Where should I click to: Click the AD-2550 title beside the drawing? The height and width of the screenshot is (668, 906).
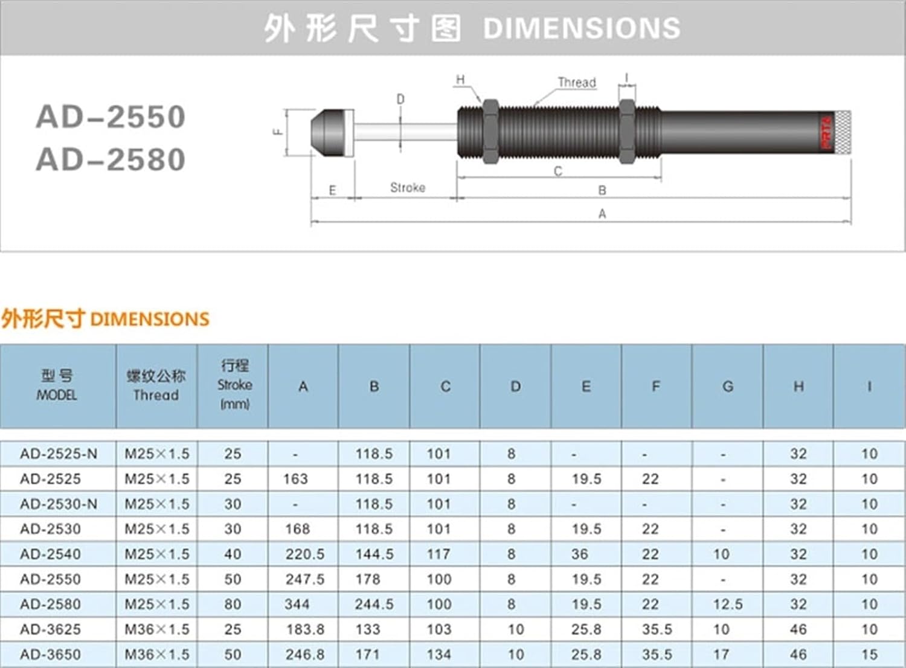pos(111,117)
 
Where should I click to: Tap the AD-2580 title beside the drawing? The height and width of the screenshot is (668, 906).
pos(111,160)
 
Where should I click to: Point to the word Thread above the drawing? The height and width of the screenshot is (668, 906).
pos(576,82)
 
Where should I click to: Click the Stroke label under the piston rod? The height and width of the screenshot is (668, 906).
pos(408,188)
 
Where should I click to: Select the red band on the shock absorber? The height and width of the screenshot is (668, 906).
pos(826,132)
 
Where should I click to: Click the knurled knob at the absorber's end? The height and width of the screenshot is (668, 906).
pos(842,132)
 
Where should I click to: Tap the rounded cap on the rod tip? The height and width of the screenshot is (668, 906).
pos(332,133)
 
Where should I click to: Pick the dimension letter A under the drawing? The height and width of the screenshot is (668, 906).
pos(602,213)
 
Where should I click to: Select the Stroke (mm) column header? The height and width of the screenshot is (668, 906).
pos(234,385)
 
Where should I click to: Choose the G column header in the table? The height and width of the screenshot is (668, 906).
pos(728,387)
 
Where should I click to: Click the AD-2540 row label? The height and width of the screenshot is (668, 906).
pos(50,554)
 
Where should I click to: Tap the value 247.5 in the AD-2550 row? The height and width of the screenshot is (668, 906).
pos(305,579)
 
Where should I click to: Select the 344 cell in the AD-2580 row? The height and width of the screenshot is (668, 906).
pos(297,604)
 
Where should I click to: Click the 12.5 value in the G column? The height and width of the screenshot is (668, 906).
pos(728,604)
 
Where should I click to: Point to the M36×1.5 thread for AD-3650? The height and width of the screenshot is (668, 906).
pos(157,654)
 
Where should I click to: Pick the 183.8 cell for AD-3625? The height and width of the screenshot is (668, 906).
pos(305,629)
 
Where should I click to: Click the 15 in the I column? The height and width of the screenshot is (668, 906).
pos(869,654)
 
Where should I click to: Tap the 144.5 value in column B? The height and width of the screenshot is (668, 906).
pos(374,554)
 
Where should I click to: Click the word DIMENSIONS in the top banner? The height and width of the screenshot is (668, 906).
pos(582,28)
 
